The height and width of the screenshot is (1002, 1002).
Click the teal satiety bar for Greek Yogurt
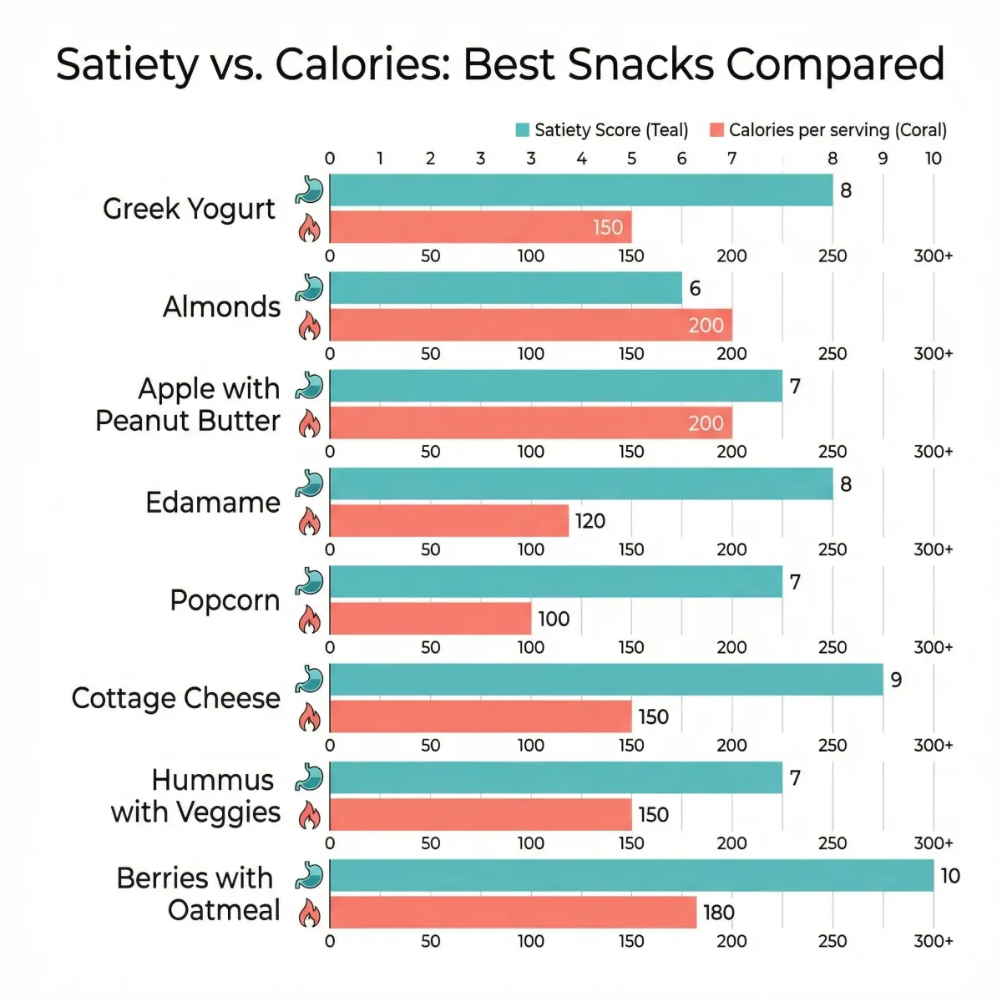pyautogui.click(x=581, y=190)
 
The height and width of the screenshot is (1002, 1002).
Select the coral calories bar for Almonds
pyautogui.click(x=531, y=325)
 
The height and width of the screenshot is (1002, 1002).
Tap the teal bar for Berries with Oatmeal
pyautogui.click(x=631, y=875)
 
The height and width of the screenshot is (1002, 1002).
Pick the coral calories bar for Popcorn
pyautogui.click(x=431, y=619)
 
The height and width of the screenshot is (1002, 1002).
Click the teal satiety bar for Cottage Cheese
pyautogui.click(x=606, y=680)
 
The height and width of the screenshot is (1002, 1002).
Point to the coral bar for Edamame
pyautogui.click(x=449, y=521)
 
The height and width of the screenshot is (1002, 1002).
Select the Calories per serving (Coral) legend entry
pyautogui.click(x=828, y=130)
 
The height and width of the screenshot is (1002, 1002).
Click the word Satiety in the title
pyautogui.click(x=126, y=65)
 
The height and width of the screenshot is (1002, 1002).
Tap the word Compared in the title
pyautogui.click(x=835, y=65)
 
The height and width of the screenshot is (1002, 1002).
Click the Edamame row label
pyautogui.click(x=213, y=503)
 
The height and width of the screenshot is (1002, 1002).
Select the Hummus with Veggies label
pyautogui.click(x=197, y=796)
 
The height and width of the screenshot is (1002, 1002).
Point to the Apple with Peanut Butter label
pyautogui.click(x=189, y=405)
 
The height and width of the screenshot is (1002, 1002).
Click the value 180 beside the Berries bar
pyautogui.click(x=719, y=913)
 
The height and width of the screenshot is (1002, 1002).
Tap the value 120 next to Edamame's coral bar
pyautogui.click(x=590, y=521)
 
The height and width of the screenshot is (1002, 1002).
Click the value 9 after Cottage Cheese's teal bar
pyautogui.click(x=896, y=680)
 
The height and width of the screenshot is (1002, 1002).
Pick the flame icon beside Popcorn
pyautogui.click(x=310, y=619)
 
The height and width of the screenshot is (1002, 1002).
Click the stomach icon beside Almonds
pyautogui.click(x=310, y=288)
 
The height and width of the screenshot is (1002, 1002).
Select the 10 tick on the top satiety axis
pyautogui.click(x=933, y=159)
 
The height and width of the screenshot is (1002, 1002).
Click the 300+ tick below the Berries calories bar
pyautogui.click(x=933, y=941)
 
